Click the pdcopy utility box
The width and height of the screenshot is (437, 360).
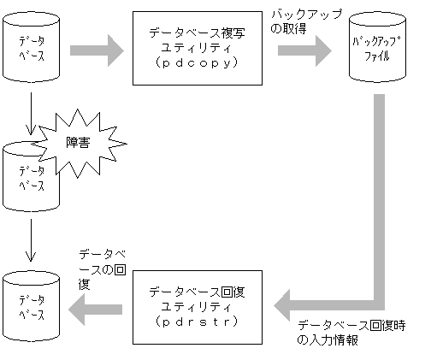click(196, 48)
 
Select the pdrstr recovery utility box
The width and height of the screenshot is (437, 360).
click(196, 306)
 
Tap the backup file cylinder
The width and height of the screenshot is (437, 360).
click(377, 50)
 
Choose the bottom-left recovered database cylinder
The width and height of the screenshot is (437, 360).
click(32, 298)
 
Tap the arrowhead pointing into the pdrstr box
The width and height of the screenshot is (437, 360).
click(284, 302)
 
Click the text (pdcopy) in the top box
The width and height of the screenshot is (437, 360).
click(196, 62)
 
